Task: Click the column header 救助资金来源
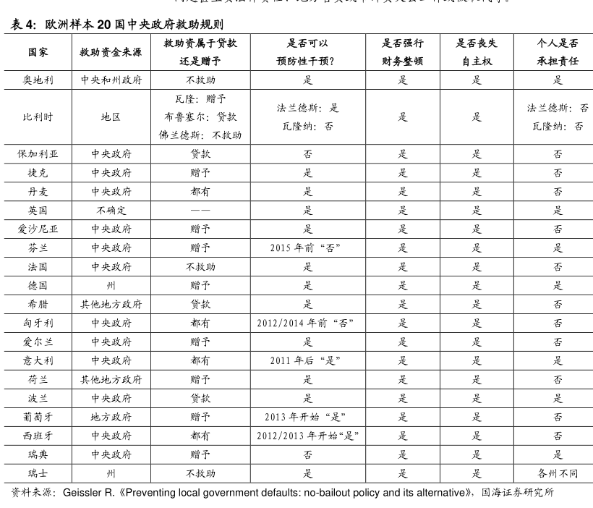tap(111, 53)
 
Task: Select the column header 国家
tap(38, 53)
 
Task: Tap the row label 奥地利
tap(38, 80)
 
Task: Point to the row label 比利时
tap(38, 117)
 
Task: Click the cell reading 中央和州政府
tap(111, 80)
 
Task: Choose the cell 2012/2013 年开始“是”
tap(307, 436)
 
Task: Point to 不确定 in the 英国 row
tap(111, 210)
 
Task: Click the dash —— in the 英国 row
tap(200, 210)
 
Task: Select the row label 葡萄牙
tap(38, 417)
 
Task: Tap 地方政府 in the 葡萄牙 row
tap(111, 417)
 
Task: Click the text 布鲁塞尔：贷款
tap(200, 117)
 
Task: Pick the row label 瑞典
tap(38, 454)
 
